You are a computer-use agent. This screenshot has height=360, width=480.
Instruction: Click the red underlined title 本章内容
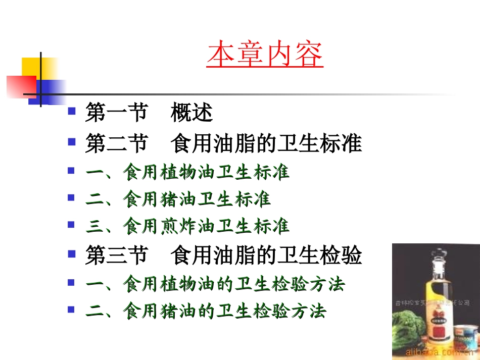[265, 56]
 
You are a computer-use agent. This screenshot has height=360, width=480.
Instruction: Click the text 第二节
[116, 143]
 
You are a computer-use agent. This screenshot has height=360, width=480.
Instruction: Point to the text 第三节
[116, 255]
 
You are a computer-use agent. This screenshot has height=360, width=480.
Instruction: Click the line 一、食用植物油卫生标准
[187, 172]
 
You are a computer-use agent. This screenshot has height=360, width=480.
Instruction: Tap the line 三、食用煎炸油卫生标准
[187, 227]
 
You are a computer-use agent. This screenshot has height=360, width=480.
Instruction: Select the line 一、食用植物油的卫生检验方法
[215, 284]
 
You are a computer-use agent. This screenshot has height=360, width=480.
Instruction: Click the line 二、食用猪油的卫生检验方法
[206, 311]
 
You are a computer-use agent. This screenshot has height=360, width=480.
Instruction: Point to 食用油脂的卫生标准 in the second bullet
[266, 143]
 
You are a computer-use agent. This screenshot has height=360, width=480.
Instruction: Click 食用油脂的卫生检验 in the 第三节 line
[266, 255]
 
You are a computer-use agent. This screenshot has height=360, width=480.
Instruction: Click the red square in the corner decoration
[20, 86]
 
